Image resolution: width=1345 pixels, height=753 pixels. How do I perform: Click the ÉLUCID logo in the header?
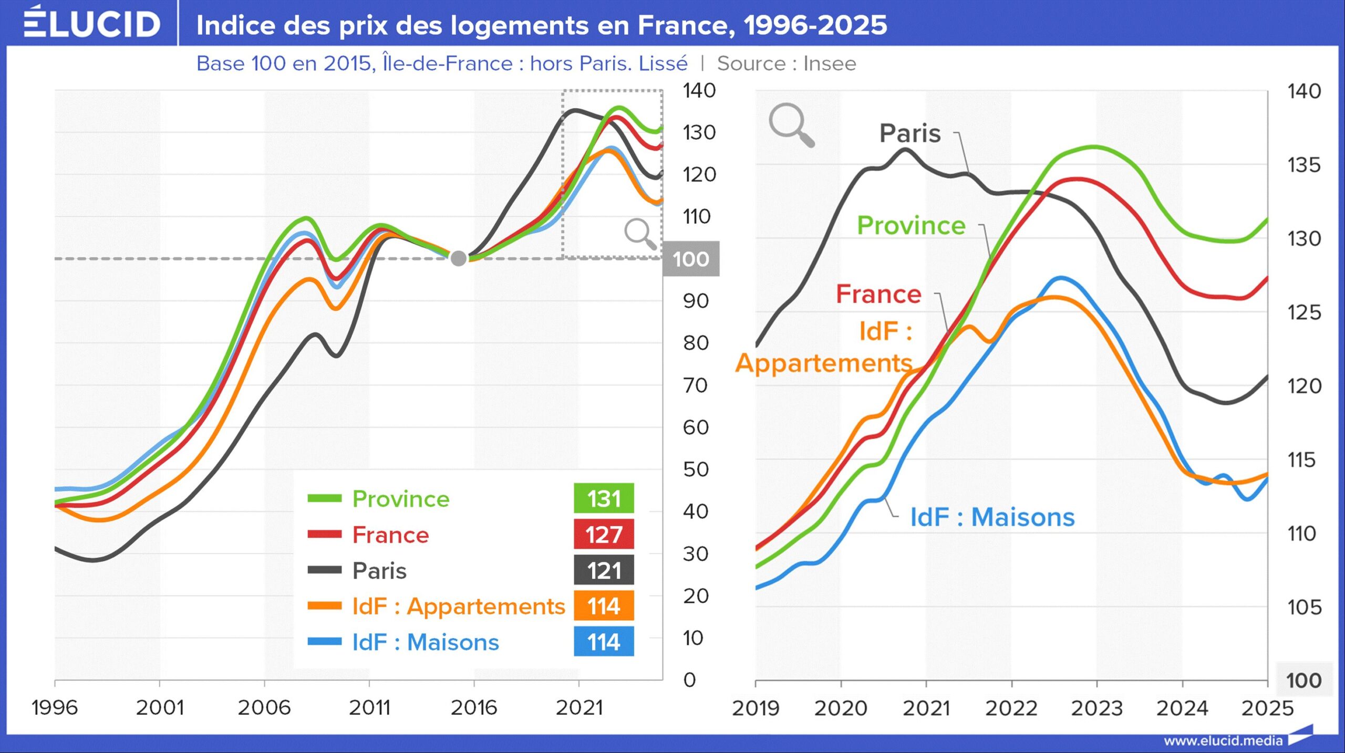[92, 24]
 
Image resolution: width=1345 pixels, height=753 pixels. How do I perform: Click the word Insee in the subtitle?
[830, 64]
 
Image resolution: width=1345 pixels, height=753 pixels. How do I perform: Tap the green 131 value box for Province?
[603, 498]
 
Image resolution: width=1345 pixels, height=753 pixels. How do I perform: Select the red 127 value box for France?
[603, 534]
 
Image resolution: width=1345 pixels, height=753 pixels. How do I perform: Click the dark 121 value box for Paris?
[603, 570]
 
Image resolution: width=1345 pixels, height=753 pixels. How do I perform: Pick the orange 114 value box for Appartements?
[603, 606]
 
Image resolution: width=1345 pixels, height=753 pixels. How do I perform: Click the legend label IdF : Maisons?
[425, 642]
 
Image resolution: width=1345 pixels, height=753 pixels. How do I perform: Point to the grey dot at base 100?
[458, 258]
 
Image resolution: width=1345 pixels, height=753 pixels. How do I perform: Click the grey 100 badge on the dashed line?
[690, 259]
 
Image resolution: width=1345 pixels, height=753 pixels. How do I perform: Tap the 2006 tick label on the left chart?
[264, 708]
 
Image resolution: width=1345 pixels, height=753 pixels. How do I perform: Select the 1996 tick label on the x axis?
[55, 708]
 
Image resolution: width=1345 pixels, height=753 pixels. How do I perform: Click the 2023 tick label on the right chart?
[1096, 708]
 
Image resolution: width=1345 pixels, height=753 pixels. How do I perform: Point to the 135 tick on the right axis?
[1303, 165]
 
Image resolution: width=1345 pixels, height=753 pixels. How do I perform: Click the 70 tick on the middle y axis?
[696, 385]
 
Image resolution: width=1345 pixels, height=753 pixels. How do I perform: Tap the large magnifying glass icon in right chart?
[791, 125]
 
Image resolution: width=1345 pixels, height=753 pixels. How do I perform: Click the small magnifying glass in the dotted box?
[640, 233]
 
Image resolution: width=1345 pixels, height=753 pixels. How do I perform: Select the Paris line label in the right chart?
[909, 133]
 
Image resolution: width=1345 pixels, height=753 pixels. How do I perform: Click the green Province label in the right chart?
[911, 225]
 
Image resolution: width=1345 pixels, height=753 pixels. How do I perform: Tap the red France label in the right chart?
[878, 294]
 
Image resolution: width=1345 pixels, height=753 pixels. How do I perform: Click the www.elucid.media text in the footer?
[1223, 741]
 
